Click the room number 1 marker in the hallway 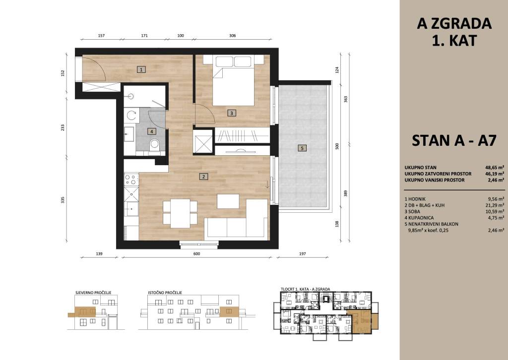(x=141, y=69)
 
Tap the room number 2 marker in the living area (x=203, y=177)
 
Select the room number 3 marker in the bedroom (x=231, y=113)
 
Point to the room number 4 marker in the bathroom (x=151, y=131)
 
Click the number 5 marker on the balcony (x=302, y=148)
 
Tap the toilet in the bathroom (x=155, y=145)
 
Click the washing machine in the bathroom (x=131, y=115)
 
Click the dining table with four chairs (x=180, y=213)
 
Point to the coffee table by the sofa (x=228, y=201)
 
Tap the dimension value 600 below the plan (x=196, y=254)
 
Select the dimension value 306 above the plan (x=232, y=36)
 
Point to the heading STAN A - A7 (x=454, y=140)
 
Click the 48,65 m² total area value (x=495, y=168)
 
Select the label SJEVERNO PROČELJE (x=93, y=293)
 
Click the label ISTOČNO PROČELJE (x=165, y=293)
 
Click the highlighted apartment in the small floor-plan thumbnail (x=362, y=321)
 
